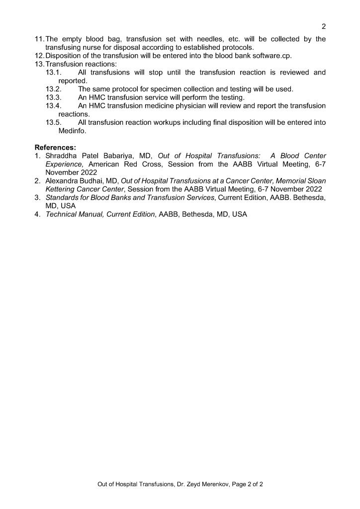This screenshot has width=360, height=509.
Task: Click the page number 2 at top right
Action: [x=324, y=26]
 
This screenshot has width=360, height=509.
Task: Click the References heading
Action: [x=55, y=147]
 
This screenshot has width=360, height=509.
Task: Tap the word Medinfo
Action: [x=73, y=131]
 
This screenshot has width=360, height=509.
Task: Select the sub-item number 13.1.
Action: [x=53, y=73]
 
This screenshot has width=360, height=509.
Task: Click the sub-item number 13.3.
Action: [x=53, y=97]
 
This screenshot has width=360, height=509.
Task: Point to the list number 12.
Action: [x=39, y=56]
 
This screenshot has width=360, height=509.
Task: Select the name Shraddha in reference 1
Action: [x=62, y=156]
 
